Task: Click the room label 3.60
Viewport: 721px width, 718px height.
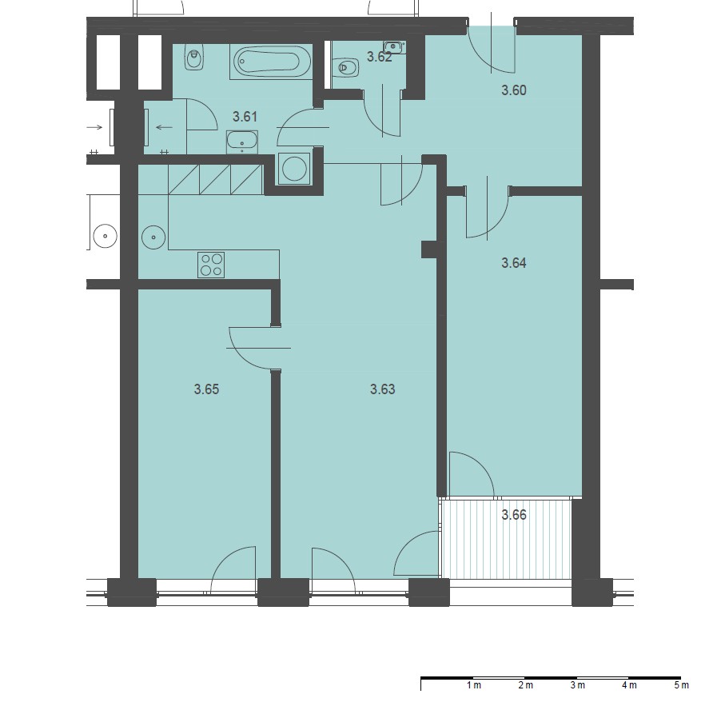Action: (514, 90)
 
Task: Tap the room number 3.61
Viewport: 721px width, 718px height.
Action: (245, 117)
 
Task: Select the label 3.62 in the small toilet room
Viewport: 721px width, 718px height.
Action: (380, 57)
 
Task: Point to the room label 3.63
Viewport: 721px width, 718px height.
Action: (383, 389)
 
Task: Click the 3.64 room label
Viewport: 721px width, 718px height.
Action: (514, 263)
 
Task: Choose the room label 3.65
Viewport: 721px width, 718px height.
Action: (206, 389)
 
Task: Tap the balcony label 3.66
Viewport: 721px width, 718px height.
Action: (514, 515)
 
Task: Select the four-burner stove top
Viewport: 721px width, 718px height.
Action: (211, 265)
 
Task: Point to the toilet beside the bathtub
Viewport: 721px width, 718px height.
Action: (194, 57)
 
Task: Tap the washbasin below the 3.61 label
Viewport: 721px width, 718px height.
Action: (242, 142)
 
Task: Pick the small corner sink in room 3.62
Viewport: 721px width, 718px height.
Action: (394, 47)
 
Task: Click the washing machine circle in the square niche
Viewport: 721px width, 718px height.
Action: (294, 169)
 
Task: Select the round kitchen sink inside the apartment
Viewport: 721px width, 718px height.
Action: (153, 237)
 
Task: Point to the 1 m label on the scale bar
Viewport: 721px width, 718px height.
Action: (474, 685)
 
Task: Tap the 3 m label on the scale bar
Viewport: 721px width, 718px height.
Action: (578, 685)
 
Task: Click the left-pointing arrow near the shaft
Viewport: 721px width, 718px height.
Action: (164, 127)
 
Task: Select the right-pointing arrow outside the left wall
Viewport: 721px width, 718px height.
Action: (95, 127)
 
